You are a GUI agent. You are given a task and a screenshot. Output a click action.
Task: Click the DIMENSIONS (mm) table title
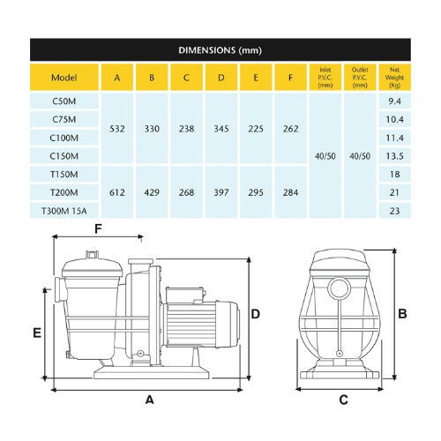[220, 50]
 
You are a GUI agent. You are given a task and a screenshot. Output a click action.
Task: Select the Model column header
[64, 77]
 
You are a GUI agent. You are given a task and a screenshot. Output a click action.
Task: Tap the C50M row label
[64, 101]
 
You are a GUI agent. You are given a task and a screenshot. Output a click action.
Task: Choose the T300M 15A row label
[64, 211]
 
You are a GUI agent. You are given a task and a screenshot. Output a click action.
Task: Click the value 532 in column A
[116, 129]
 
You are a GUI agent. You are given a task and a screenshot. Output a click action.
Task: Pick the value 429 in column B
[151, 192]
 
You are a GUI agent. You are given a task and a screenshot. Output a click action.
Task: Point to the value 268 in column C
[186, 192]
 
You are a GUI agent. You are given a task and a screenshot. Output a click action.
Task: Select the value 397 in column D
[220, 192]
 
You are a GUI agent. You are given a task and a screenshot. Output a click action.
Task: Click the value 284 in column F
[290, 192]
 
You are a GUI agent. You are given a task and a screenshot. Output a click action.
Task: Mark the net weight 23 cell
[393, 211]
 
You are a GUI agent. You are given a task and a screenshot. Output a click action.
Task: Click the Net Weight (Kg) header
[393, 77]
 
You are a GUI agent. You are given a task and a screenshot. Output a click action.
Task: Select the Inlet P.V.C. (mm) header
[325, 77]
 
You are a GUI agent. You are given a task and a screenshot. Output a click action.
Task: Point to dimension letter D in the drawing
[255, 314]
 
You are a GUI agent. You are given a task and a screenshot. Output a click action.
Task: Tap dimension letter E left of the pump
[36, 333]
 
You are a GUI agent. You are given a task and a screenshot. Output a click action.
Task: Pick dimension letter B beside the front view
[401, 313]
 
